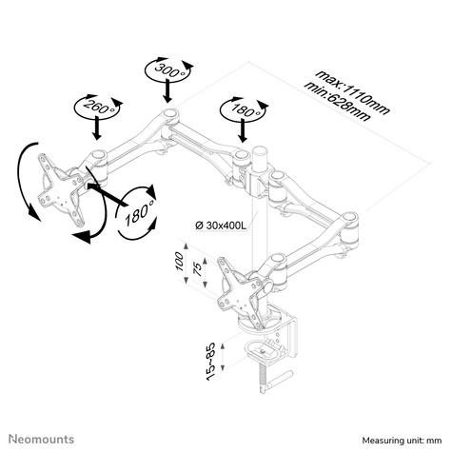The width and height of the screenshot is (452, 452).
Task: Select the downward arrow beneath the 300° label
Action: click(x=167, y=92)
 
